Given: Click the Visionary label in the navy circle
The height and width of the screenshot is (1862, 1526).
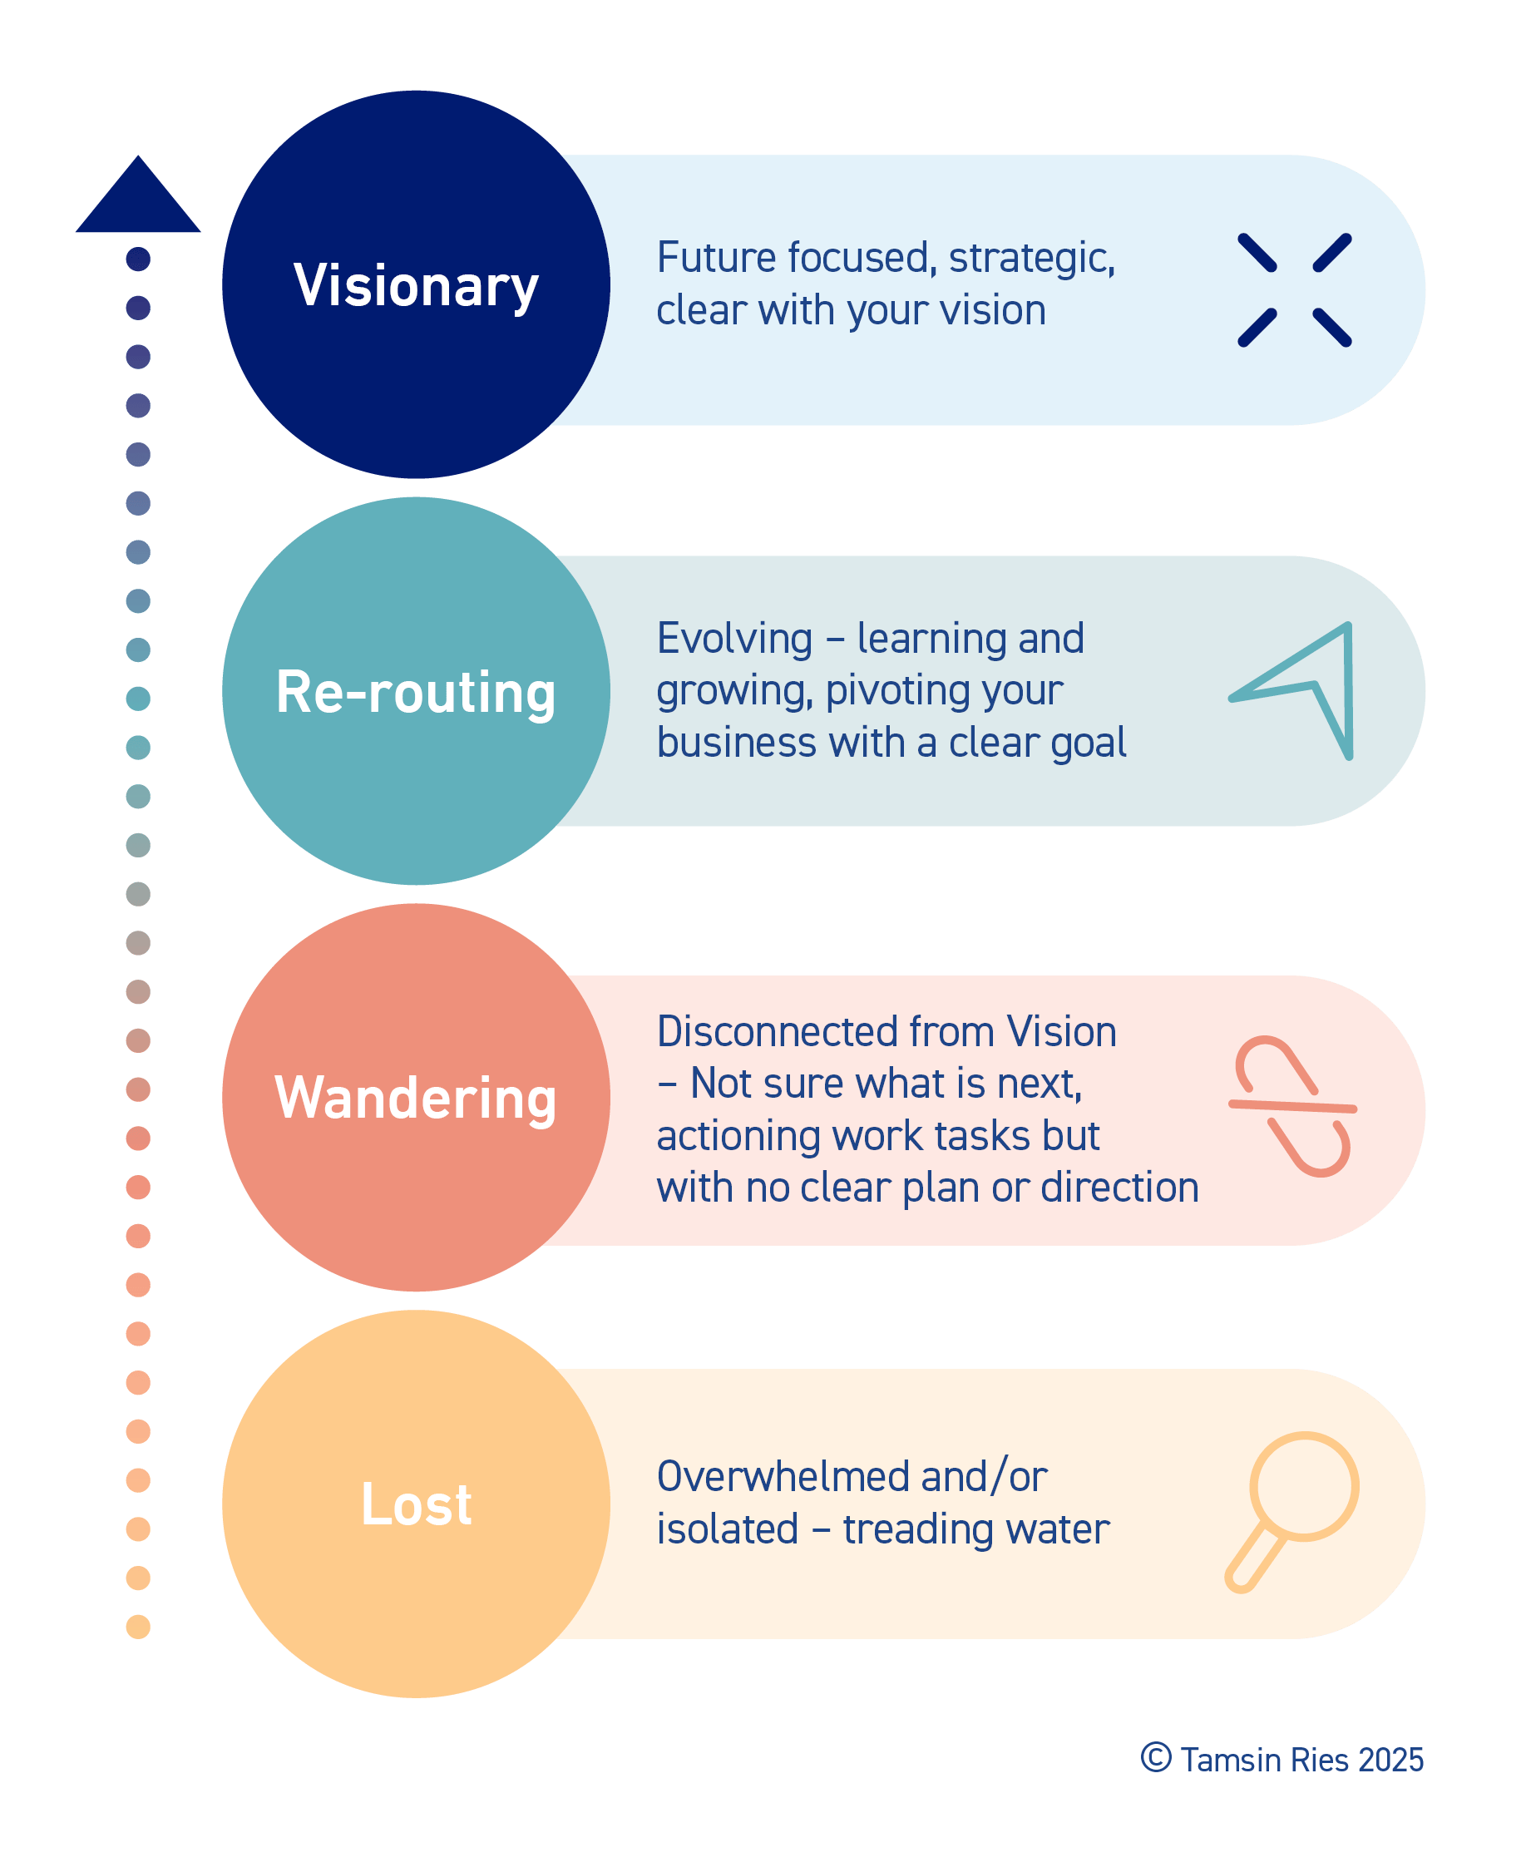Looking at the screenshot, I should point(416,286).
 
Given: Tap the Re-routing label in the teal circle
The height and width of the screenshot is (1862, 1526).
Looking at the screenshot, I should point(416,692).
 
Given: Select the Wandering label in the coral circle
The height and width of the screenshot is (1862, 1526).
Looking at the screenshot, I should point(416,1098).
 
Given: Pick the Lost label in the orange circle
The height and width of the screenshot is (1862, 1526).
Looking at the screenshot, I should point(416,1504).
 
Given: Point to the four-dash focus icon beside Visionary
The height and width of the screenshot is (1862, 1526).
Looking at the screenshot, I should point(1294,290).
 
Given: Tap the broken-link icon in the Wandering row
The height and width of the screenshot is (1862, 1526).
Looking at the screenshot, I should point(1292,1107).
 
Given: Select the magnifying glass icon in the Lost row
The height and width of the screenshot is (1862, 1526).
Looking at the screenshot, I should point(1291,1511).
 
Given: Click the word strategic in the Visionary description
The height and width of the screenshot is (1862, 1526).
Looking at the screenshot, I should point(1032,259).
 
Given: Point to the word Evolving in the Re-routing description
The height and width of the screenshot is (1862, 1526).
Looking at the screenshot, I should point(734,640).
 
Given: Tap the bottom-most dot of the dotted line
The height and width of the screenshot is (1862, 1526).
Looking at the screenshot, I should point(138,1627).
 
